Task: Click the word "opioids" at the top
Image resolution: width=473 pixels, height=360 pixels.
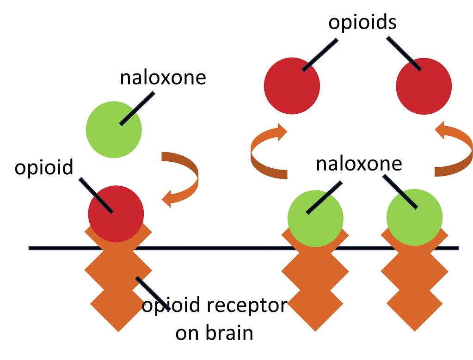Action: click(x=362, y=22)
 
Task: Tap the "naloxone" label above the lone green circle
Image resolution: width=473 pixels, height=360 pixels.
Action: click(x=162, y=77)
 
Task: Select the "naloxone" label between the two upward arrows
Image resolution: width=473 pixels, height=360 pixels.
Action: click(x=359, y=164)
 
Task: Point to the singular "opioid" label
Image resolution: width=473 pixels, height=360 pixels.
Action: click(x=44, y=167)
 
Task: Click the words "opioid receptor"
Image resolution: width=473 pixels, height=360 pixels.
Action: click(x=214, y=305)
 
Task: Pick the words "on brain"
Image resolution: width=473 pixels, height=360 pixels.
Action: click(x=214, y=333)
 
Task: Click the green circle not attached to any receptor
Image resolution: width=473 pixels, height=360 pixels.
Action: click(x=114, y=130)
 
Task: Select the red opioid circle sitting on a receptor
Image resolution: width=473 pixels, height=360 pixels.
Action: click(x=116, y=214)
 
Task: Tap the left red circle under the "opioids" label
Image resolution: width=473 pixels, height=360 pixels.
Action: click(x=292, y=86)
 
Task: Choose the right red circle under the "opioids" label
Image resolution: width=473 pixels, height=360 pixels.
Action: click(x=424, y=86)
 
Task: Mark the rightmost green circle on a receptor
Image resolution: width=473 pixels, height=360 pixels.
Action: click(x=414, y=217)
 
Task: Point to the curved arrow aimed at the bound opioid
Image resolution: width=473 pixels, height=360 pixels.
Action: click(x=183, y=178)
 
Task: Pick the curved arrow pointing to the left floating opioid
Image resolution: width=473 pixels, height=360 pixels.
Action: click(x=266, y=153)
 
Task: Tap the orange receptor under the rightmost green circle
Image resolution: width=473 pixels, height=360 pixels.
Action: click(x=414, y=282)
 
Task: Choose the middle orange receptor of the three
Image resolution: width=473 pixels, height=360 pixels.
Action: click(x=313, y=282)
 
